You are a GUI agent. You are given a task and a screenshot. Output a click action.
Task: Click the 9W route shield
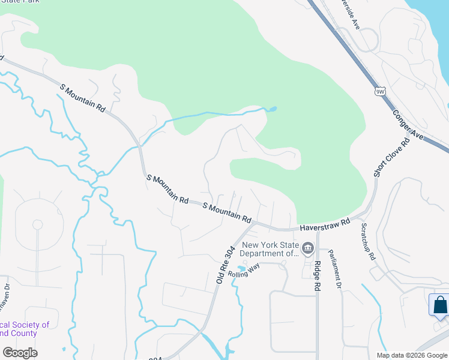[379, 91]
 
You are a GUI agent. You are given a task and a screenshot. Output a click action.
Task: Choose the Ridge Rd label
[316, 277]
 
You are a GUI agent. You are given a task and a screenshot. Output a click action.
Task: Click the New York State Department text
[270, 249]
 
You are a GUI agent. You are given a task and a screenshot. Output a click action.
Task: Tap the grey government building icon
[308, 248]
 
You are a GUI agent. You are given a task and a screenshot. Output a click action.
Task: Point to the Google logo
[20, 353]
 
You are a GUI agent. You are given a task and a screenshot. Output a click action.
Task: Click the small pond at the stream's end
[272, 109]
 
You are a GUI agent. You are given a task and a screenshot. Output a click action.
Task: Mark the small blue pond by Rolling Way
[241, 268]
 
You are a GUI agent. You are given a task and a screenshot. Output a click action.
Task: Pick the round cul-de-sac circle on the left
[37, 224]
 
